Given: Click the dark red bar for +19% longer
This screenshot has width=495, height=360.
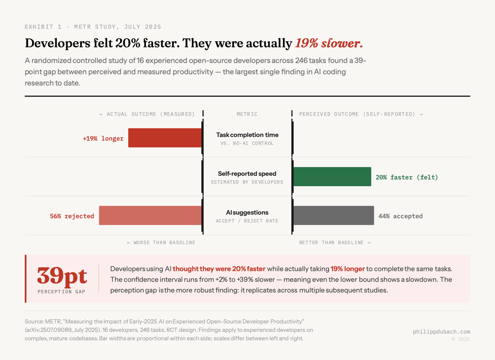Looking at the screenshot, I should [165, 138].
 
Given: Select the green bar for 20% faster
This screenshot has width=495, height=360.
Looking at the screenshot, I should [332, 177].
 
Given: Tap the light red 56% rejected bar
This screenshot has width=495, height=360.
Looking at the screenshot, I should [150, 216].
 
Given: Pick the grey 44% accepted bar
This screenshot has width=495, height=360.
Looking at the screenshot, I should [333, 216].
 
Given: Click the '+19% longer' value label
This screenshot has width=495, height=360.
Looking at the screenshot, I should [103, 139].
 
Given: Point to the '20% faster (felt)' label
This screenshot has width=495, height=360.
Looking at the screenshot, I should [407, 177].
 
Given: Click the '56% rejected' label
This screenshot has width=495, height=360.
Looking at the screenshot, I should [72, 216].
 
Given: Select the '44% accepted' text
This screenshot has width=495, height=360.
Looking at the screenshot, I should [400, 216].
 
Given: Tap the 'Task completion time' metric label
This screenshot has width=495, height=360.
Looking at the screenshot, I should [247, 135].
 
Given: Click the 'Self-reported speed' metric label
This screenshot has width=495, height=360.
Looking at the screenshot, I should [247, 174].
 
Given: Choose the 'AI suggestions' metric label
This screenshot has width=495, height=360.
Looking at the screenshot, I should [247, 213].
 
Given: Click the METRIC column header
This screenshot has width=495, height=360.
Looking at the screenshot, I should [247, 114].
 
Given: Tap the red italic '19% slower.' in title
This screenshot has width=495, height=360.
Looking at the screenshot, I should [329, 43].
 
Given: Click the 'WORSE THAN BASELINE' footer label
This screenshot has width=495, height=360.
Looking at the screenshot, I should [161, 242].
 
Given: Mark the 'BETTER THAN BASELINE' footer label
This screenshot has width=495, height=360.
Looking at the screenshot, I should [335, 242].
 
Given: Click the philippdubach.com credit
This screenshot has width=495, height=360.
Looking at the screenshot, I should [441, 332].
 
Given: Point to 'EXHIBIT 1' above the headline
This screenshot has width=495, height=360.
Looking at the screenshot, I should [43, 27].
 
